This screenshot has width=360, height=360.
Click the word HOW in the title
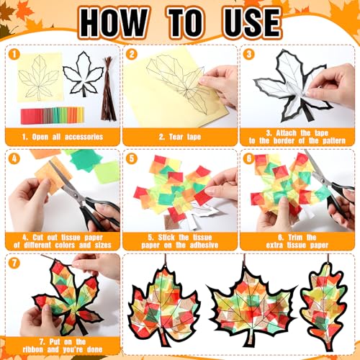113,23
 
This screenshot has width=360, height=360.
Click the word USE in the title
253,23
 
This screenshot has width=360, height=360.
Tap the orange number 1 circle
14,54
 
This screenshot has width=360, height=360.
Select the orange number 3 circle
249,54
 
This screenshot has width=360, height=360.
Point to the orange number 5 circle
132,158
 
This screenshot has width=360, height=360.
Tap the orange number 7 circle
14,263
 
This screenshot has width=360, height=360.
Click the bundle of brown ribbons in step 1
109,89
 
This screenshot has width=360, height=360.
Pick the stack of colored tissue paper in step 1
53,115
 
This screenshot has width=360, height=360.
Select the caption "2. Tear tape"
180,137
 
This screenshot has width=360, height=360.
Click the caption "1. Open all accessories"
63,137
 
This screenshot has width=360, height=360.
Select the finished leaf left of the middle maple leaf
164,305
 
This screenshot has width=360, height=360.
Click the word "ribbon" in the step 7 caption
33,349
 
